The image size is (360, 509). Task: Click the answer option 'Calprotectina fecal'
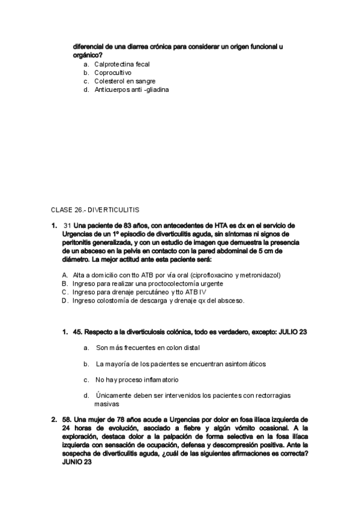pos(122,64)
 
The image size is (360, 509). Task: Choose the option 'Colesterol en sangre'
pos(125,80)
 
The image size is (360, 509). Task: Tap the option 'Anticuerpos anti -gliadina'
pos(131,89)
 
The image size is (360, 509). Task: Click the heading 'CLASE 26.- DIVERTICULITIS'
pos(95,209)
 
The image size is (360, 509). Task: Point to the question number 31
pos(67,226)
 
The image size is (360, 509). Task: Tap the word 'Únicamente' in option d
pos(113,396)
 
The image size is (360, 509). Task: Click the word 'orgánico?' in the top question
pos(86,54)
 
